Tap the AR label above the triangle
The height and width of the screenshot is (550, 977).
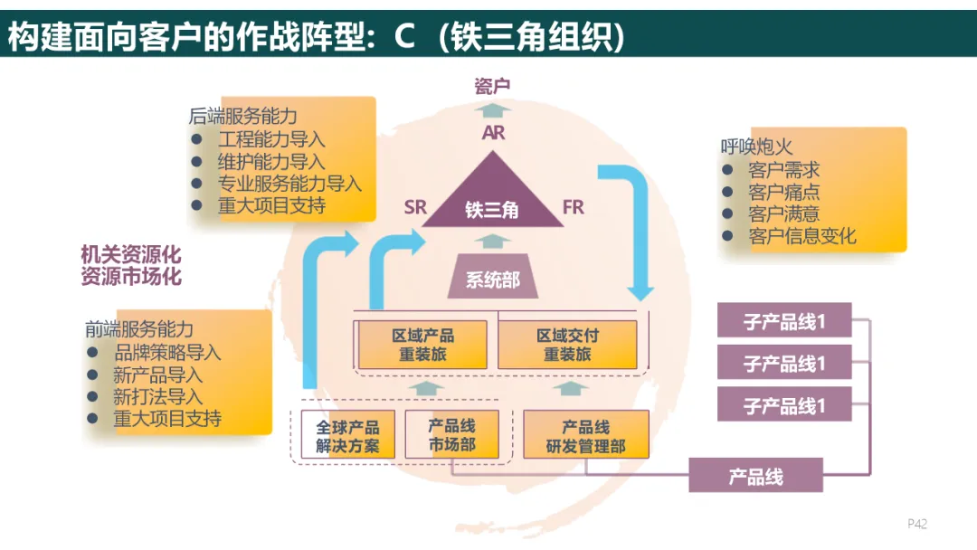click(493, 133)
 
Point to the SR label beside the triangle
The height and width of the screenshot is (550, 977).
click(415, 207)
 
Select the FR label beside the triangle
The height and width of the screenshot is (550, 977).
click(573, 207)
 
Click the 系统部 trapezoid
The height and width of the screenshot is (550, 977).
click(493, 280)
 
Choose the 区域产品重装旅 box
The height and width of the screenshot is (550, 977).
click(422, 345)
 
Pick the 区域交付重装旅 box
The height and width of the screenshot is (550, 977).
click(567, 345)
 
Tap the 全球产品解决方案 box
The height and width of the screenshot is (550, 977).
click(346, 436)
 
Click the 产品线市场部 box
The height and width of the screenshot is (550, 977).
click(451, 435)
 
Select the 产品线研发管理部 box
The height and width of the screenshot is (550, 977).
click(585, 436)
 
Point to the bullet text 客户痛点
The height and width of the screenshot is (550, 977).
click(783, 192)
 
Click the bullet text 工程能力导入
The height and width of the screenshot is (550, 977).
click(270, 139)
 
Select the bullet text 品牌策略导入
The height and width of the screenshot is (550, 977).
click(167, 353)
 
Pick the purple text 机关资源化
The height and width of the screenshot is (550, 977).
click(130, 255)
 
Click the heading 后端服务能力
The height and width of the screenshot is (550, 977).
click(242, 117)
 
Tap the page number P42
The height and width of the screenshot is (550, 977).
click(917, 524)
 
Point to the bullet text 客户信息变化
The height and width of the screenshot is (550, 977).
click(802, 237)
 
